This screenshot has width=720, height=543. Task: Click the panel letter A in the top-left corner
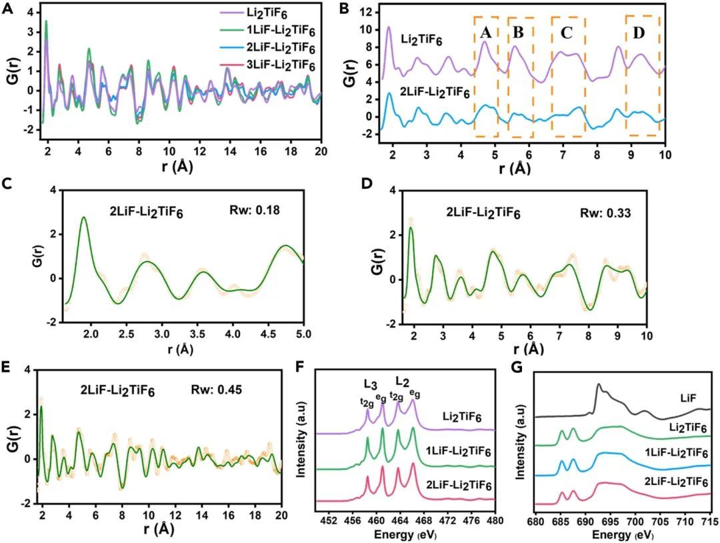click(9, 11)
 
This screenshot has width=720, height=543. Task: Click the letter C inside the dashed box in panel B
click(567, 33)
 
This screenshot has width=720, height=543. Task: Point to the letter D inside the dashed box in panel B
click(639, 33)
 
